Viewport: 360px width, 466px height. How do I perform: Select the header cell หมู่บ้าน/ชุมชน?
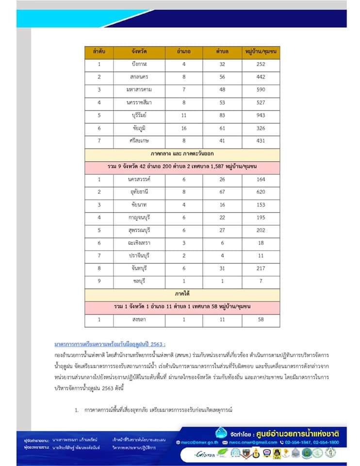click(x=261, y=51)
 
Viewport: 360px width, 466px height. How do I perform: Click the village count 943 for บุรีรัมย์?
click(x=261, y=116)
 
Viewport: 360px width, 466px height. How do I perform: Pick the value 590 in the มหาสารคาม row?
click(x=261, y=90)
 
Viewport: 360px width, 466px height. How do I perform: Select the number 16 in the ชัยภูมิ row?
click(x=184, y=128)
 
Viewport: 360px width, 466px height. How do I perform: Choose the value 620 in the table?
click(x=261, y=192)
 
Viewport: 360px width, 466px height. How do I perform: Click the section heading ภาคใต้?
click(x=182, y=294)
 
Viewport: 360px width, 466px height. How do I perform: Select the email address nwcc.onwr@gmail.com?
click(x=252, y=443)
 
